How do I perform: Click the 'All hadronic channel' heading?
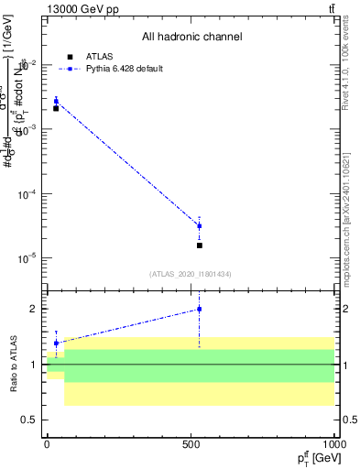(x=191, y=37)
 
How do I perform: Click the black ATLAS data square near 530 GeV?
(x=200, y=245)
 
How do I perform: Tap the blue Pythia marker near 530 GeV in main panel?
(x=200, y=225)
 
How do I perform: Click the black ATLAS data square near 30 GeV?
(x=56, y=108)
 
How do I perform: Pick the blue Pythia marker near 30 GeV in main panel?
(x=56, y=101)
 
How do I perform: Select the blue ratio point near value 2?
(x=200, y=309)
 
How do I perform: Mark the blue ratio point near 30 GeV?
(x=56, y=343)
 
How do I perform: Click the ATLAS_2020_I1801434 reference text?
(x=191, y=274)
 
